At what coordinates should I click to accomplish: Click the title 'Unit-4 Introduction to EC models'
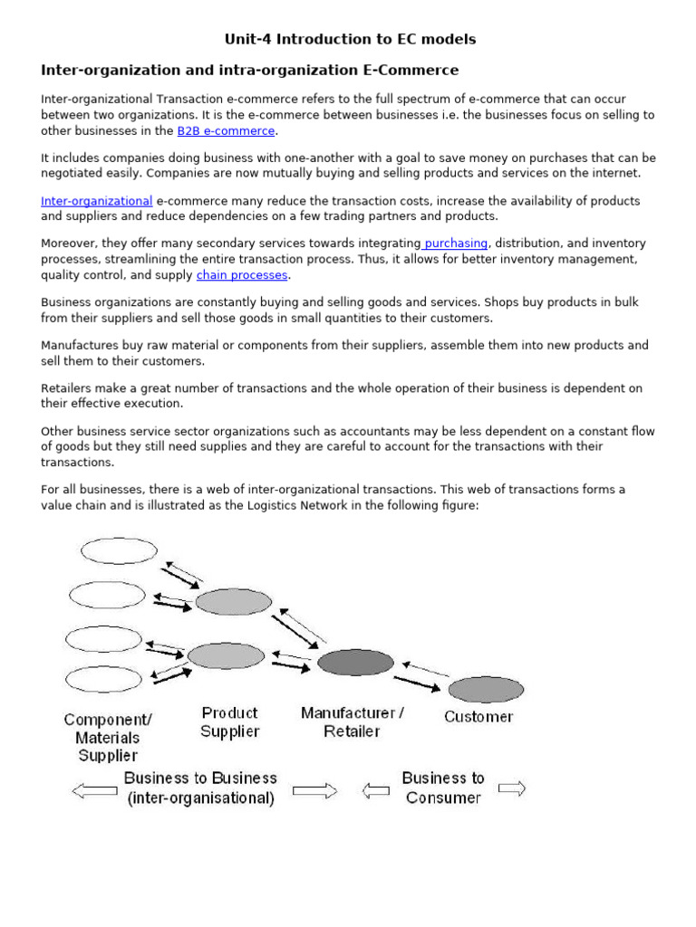pos(350,39)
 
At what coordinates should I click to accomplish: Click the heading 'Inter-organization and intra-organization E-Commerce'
pos(250,70)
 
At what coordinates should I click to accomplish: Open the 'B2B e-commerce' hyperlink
pos(226,131)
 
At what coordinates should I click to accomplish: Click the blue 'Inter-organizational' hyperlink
pos(96,201)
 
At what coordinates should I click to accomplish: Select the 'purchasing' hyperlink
pos(456,244)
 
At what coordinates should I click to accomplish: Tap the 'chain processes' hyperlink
pos(242,275)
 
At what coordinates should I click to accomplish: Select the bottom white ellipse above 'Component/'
pos(104,680)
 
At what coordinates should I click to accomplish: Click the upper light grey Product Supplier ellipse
pos(233,602)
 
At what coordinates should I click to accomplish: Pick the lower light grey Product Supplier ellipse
pos(226,655)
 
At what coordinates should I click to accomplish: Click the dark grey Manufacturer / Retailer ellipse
pos(354,663)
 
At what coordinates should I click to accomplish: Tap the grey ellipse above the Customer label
pos(486,690)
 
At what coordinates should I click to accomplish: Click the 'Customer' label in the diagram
pos(478,717)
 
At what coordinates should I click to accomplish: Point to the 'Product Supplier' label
pos(230,722)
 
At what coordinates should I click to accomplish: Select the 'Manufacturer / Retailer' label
pos(353,722)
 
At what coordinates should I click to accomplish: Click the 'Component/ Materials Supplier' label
pos(108,738)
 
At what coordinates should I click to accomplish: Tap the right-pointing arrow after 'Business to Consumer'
pos(511,788)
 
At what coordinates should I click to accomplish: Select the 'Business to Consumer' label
pos(443,788)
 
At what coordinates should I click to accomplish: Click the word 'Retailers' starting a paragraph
pos(67,388)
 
